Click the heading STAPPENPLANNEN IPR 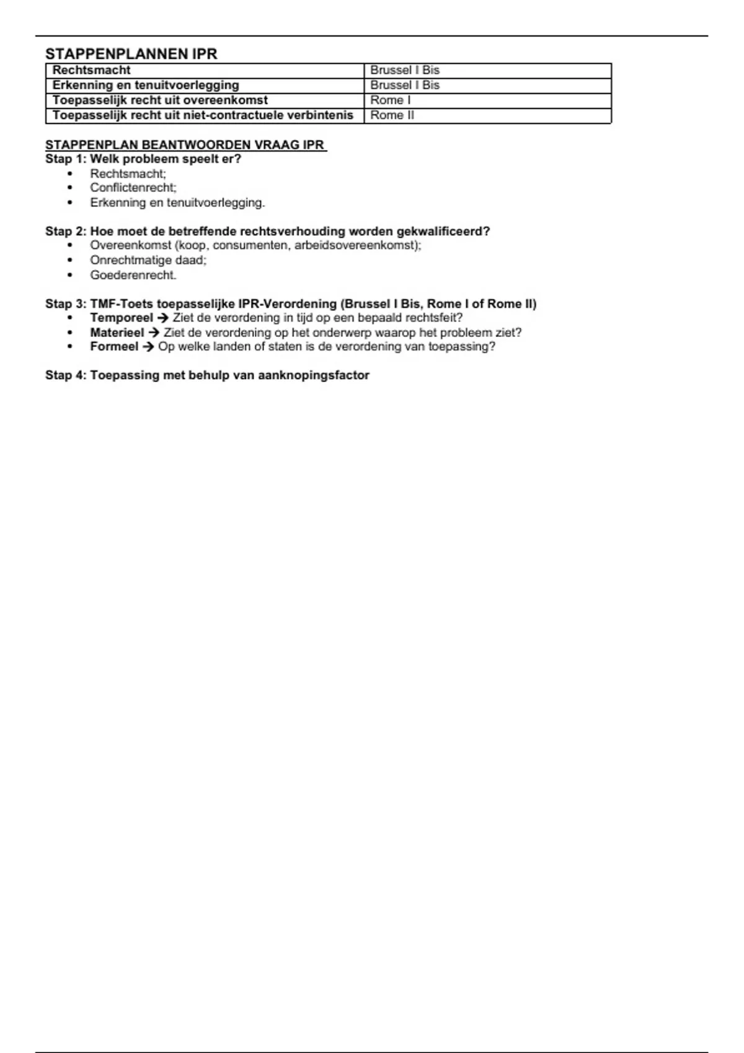point(131,54)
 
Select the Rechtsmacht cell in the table point(92,71)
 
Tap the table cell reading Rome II point(392,115)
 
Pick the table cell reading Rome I point(391,100)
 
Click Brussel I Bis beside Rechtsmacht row point(405,71)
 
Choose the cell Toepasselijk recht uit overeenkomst point(160,100)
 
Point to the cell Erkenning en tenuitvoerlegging point(146,85)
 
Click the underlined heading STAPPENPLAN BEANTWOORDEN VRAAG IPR point(185,145)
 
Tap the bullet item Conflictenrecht point(133,188)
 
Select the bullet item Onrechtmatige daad point(148,260)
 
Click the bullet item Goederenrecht point(133,275)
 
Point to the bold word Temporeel point(122,318)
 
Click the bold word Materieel point(117,333)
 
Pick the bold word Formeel point(114,347)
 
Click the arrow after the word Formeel point(148,347)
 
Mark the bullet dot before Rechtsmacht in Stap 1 point(70,174)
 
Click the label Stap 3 point(64,304)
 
